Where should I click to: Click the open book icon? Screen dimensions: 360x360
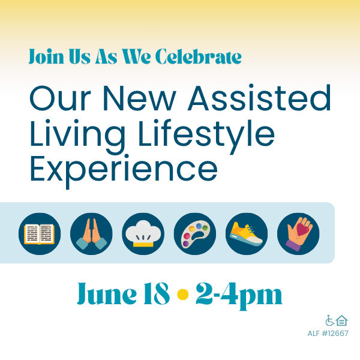coord(40,234)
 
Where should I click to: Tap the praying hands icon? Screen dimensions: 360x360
coord(91,234)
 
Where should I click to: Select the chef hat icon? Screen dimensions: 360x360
coord(143,234)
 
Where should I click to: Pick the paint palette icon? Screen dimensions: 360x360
coord(195,234)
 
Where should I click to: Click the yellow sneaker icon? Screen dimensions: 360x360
coord(247,234)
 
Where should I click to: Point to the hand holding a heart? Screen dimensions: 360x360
coord(298,234)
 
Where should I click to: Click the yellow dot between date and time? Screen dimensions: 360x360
coord(183,295)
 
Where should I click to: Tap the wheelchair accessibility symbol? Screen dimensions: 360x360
coord(330,320)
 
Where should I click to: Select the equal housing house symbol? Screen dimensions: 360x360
coord(342,320)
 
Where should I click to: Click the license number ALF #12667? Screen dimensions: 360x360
coord(328,334)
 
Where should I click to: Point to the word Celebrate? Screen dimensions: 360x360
coord(199,56)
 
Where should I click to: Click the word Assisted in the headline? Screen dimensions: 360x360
coord(259,98)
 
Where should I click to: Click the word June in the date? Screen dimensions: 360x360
coord(107,293)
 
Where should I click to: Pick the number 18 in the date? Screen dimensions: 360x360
coord(157,293)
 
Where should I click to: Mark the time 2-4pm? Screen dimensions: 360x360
coord(239,296)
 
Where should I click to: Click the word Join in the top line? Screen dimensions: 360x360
coord(46,56)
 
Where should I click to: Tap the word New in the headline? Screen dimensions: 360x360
coord(139,98)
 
